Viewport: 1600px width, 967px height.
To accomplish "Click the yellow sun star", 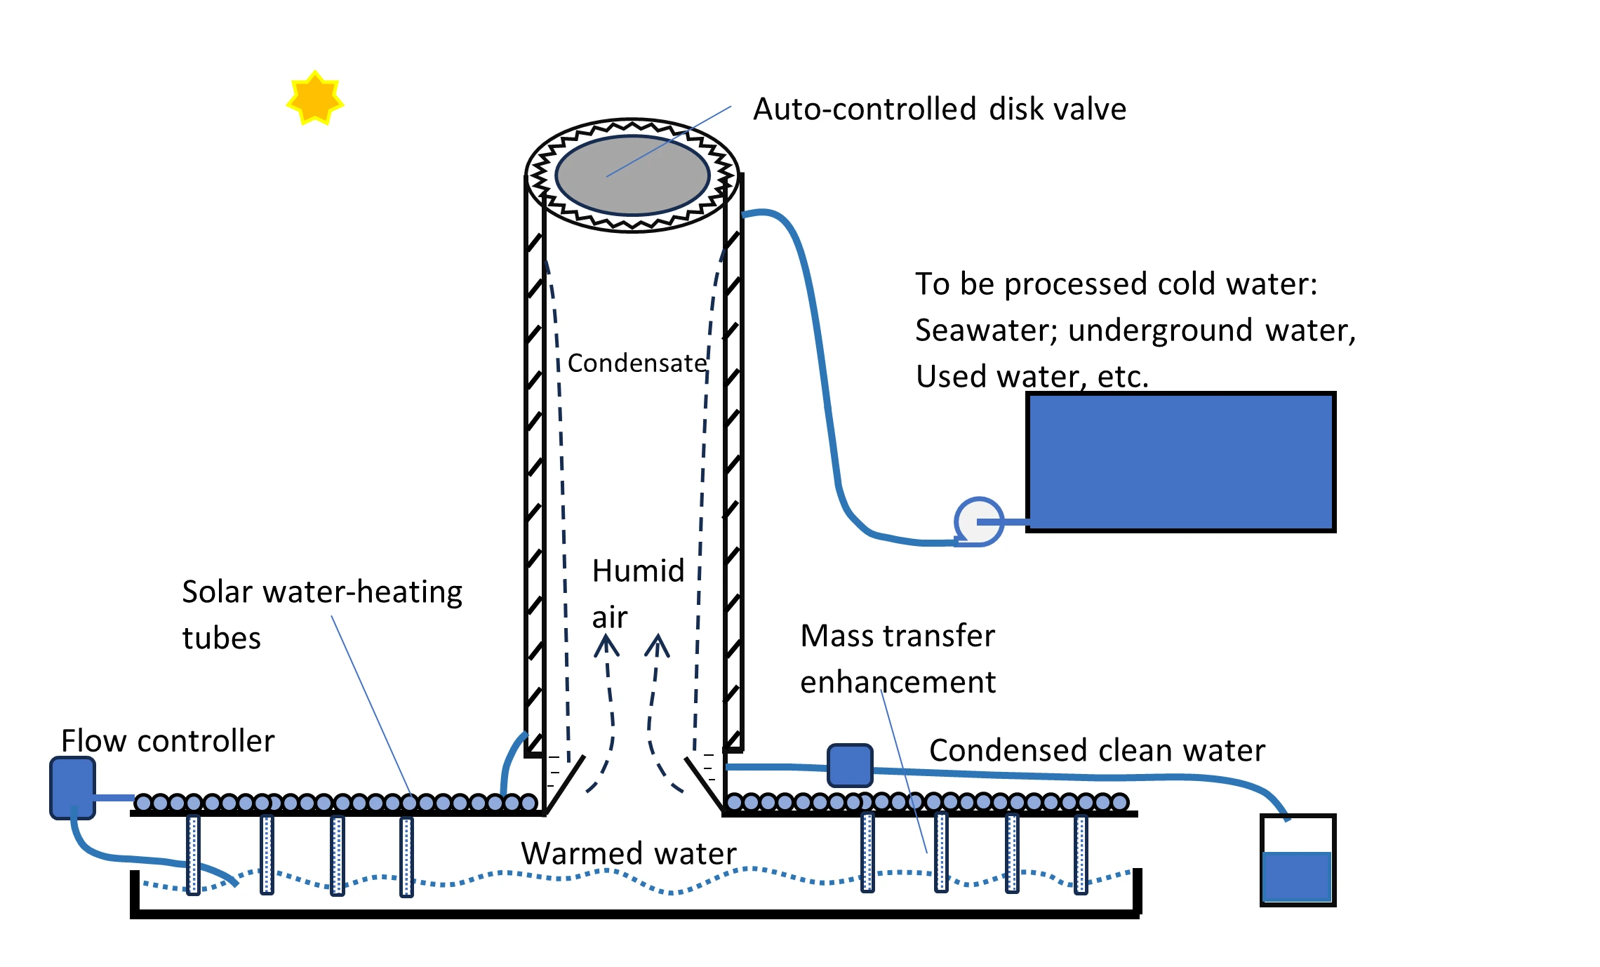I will [x=315, y=98].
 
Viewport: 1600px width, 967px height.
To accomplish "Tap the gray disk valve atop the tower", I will [x=632, y=175].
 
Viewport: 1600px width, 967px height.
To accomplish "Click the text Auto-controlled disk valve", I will [x=939, y=109].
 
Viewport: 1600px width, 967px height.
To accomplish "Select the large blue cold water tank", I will [x=1180, y=462].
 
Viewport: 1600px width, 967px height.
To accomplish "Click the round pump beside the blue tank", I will [x=978, y=521].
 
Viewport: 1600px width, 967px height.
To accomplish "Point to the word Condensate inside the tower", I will [x=636, y=364].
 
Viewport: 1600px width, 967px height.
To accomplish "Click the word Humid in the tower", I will [x=638, y=571].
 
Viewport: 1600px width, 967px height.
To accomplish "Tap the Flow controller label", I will [x=168, y=741].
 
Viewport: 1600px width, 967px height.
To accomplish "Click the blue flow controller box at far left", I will [x=72, y=787].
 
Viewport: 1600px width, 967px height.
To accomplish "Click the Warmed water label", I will [x=629, y=853].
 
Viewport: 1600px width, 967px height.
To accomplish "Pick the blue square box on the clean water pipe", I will [x=850, y=766].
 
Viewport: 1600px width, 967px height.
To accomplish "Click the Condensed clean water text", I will [x=1097, y=750].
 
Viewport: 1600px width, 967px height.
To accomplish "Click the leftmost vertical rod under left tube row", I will [x=194, y=854].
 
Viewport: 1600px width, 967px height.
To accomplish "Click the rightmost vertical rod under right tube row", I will [x=1081, y=854].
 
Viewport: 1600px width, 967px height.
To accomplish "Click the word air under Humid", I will [x=609, y=618].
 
